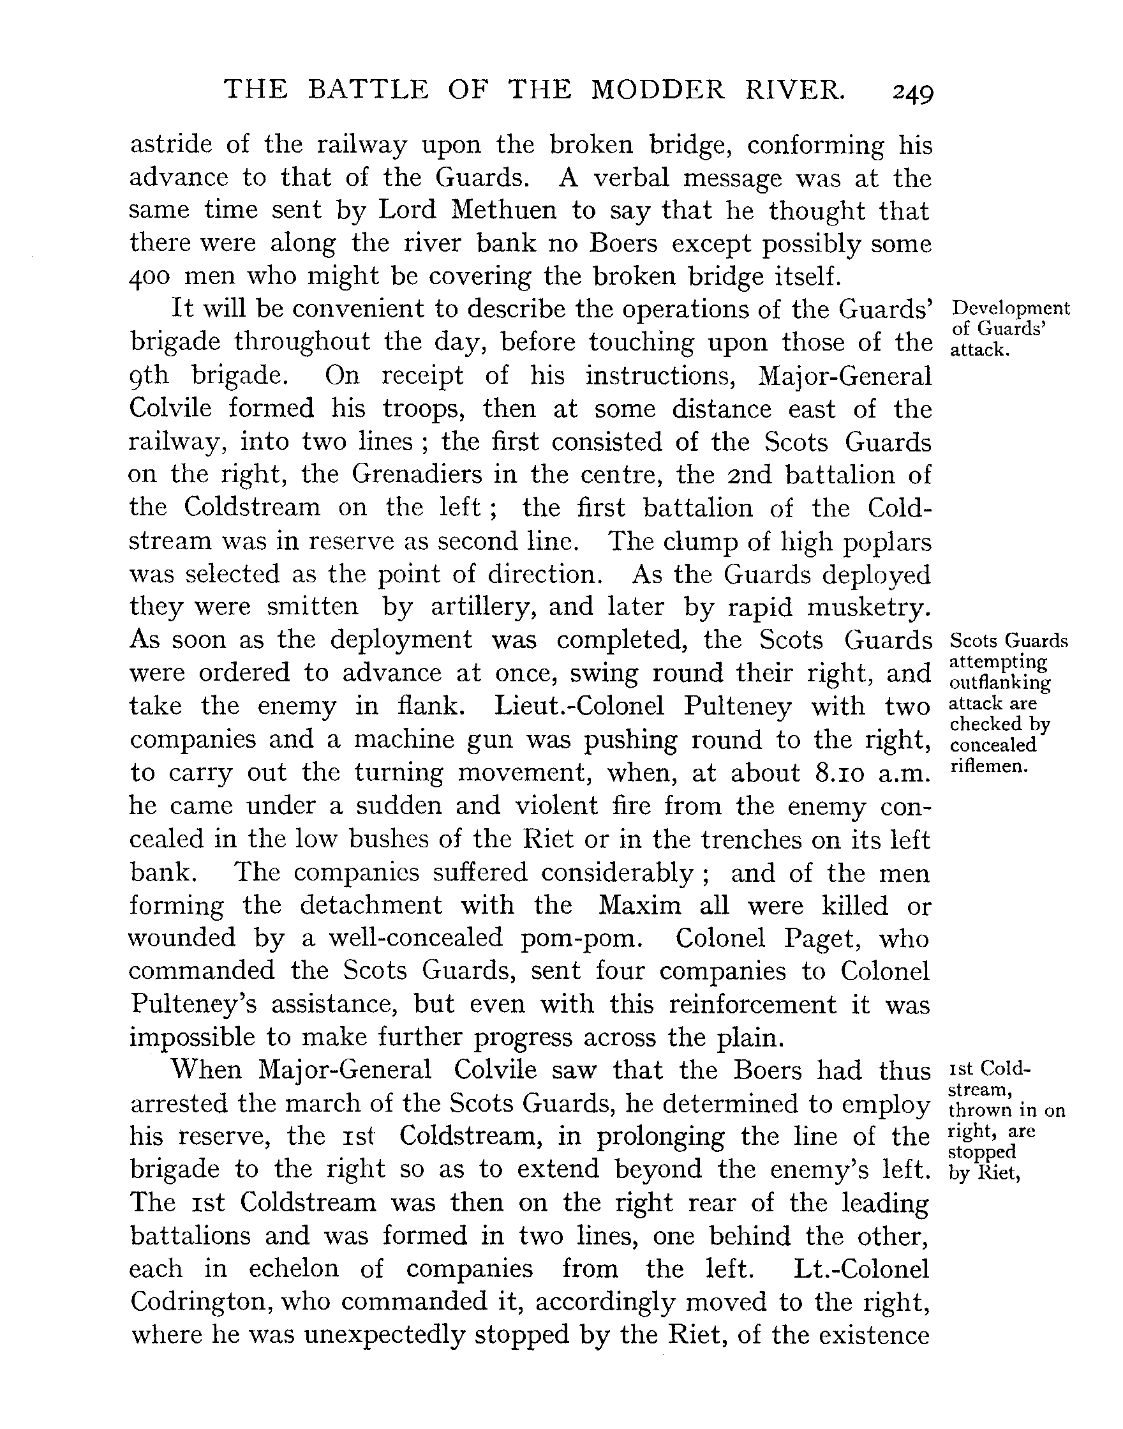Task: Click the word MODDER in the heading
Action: tap(657, 89)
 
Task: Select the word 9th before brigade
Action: tap(149, 375)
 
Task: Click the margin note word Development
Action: tap(1011, 308)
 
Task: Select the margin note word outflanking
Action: tap(1000, 683)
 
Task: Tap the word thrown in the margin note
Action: tap(979, 1111)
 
